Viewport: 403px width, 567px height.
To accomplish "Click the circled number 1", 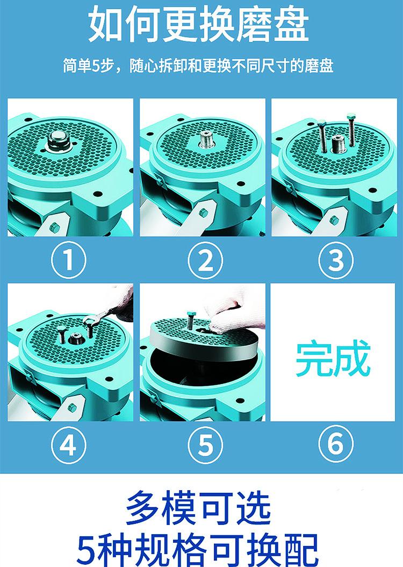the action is (x=68, y=260).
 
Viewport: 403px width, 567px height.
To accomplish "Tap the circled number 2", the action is (x=205, y=260).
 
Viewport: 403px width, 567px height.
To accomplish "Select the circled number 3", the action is (x=336, y=260).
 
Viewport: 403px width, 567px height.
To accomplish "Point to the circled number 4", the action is (x=68, y=445).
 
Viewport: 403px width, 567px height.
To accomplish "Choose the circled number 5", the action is (x=205, y=445).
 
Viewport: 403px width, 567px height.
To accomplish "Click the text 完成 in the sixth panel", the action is (x=333, y=358).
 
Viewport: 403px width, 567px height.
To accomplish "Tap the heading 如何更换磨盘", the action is (x=199, y=25).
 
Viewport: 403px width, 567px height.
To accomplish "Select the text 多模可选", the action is (x=198, y=508).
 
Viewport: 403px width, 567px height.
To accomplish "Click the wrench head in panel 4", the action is (x=90, y=320).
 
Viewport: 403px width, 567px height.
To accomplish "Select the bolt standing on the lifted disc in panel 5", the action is (x=190, y=320).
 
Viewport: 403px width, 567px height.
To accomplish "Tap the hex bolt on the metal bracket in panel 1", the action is (x=54, y=227).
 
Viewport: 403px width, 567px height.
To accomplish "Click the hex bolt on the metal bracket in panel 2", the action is (x=203, y=212).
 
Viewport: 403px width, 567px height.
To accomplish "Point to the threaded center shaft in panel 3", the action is (x=338, y=143).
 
